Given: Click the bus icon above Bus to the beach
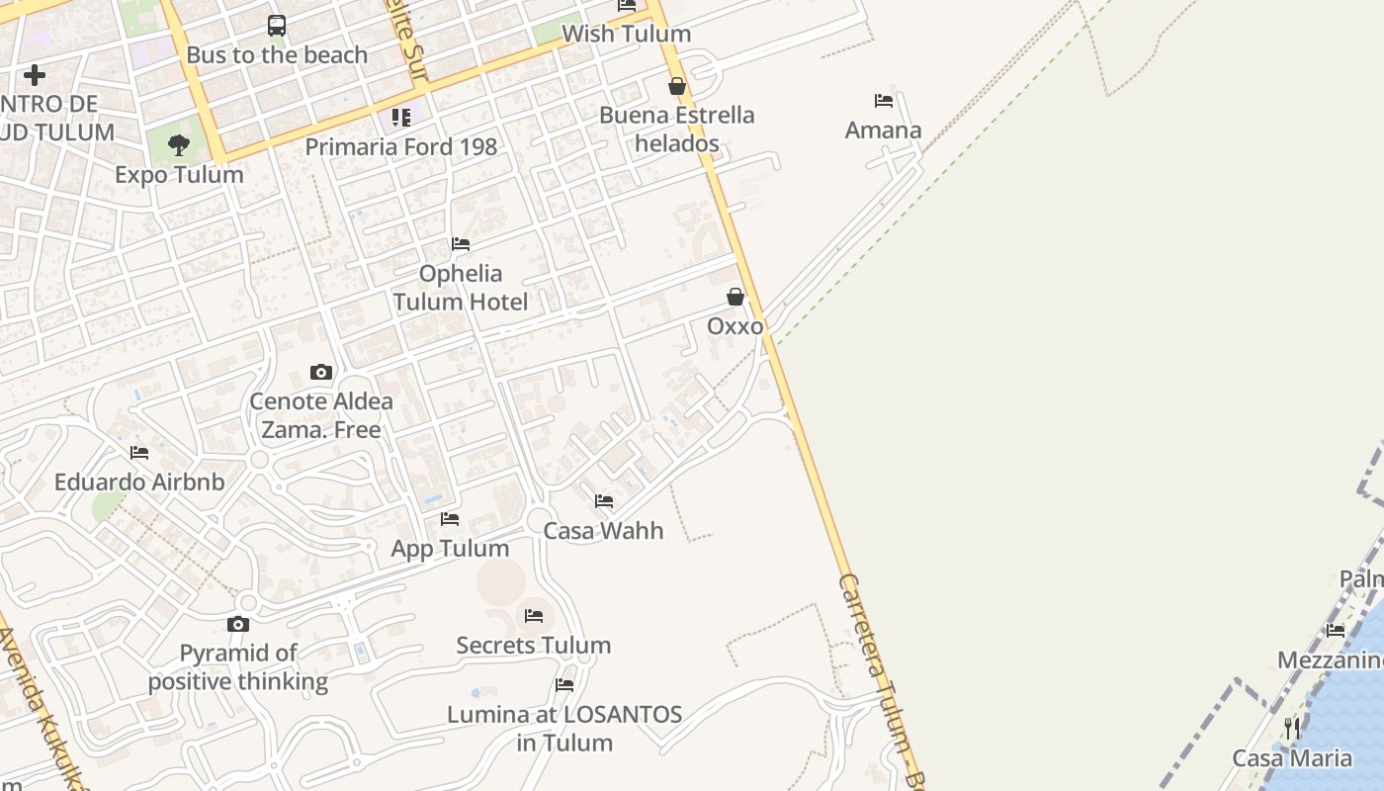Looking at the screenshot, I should (277, 26).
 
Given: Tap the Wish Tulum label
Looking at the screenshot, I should (626, 34).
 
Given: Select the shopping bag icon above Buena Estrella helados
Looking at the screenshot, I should (677, 87).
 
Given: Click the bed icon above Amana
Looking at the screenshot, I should (884, 101).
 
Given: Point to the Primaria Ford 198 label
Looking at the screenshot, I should (400, 147).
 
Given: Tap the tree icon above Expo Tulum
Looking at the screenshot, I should (179, 146).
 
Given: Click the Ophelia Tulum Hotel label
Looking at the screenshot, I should (461, 288).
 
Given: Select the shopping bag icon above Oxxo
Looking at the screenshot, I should (735, 297).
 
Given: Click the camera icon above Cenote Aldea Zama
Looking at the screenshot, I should (321, 373).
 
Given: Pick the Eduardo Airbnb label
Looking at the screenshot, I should (139, 483).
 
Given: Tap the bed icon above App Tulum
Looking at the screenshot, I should (450, 519).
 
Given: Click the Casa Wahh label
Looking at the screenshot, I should (603, 531).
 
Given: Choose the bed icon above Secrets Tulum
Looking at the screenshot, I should (534, 616).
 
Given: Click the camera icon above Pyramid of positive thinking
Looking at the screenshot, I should (238, 624).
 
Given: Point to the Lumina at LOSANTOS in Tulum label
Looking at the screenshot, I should (564, 729).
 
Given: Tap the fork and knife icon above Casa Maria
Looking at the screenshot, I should (1292, 729).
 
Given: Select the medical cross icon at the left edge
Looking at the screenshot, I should (35, 75).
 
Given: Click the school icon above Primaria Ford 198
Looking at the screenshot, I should (400, 118).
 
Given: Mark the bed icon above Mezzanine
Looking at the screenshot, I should (1336, 631).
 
